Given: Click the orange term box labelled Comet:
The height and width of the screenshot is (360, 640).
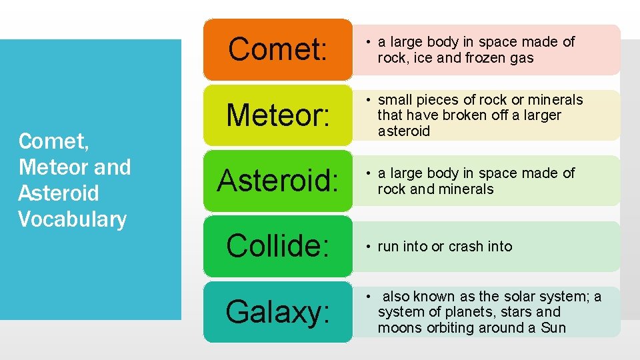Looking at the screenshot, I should point(277,49).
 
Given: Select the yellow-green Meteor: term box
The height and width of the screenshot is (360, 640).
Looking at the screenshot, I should point(277,115).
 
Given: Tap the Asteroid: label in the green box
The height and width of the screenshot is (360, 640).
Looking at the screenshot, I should point(277,180).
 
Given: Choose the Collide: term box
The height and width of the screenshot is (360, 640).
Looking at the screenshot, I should point(277,245).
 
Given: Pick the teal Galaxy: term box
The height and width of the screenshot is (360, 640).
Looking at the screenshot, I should point(277,311).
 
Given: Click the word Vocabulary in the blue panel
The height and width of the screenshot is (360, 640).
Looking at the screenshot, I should point(72,219).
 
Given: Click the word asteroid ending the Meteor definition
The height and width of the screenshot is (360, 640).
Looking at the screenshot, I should point(404,131).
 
